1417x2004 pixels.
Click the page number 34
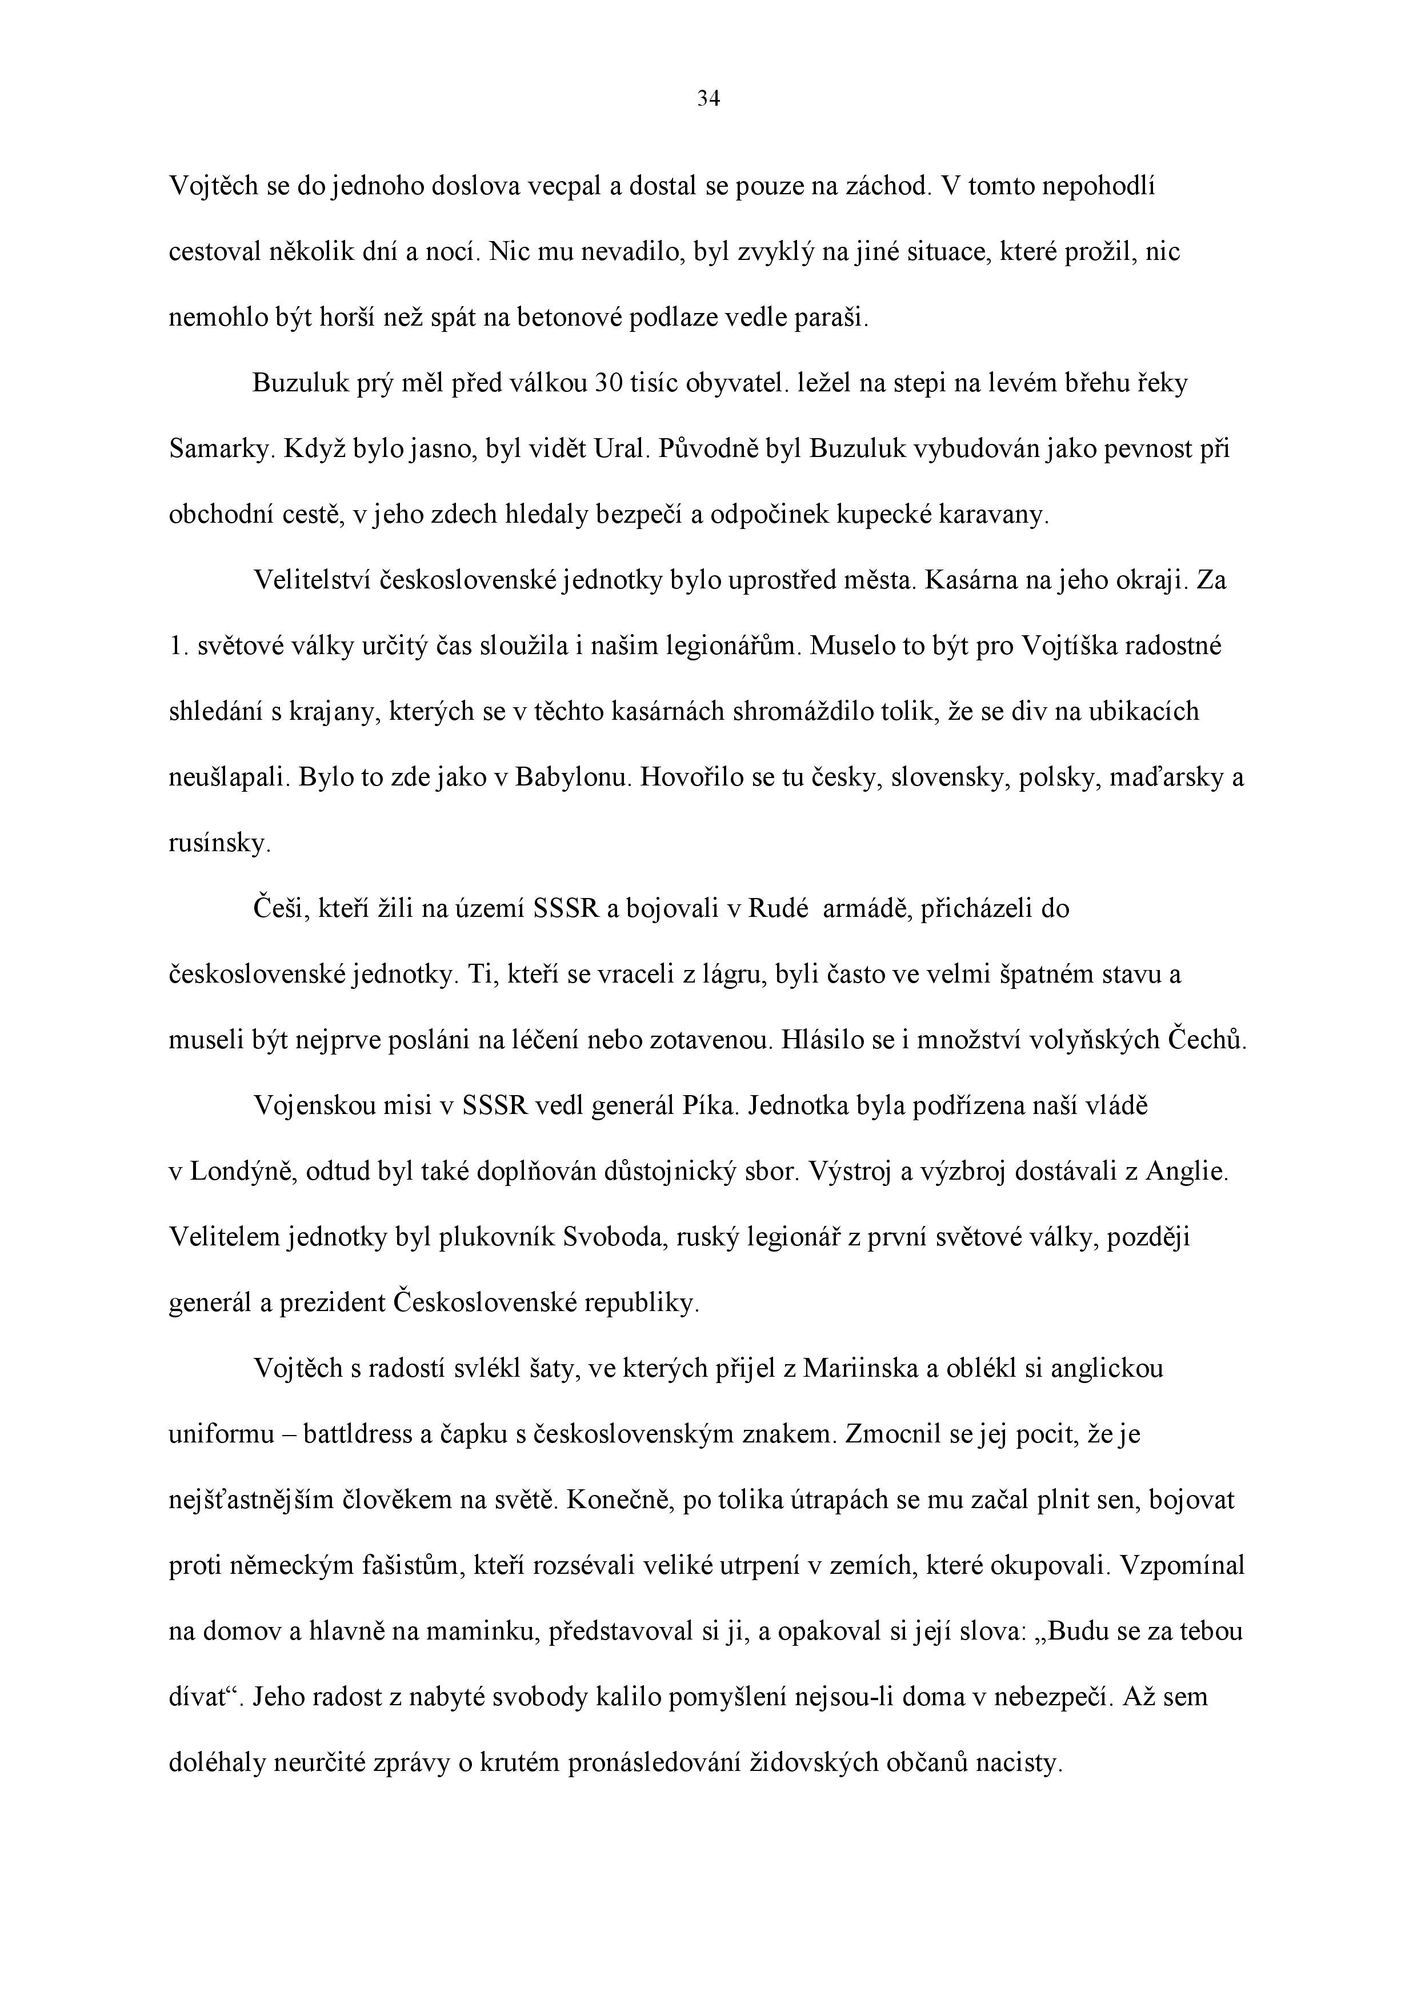coord(708,99)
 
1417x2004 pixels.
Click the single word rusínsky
coord(219,844)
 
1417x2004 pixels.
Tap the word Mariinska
coord(860,1369)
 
